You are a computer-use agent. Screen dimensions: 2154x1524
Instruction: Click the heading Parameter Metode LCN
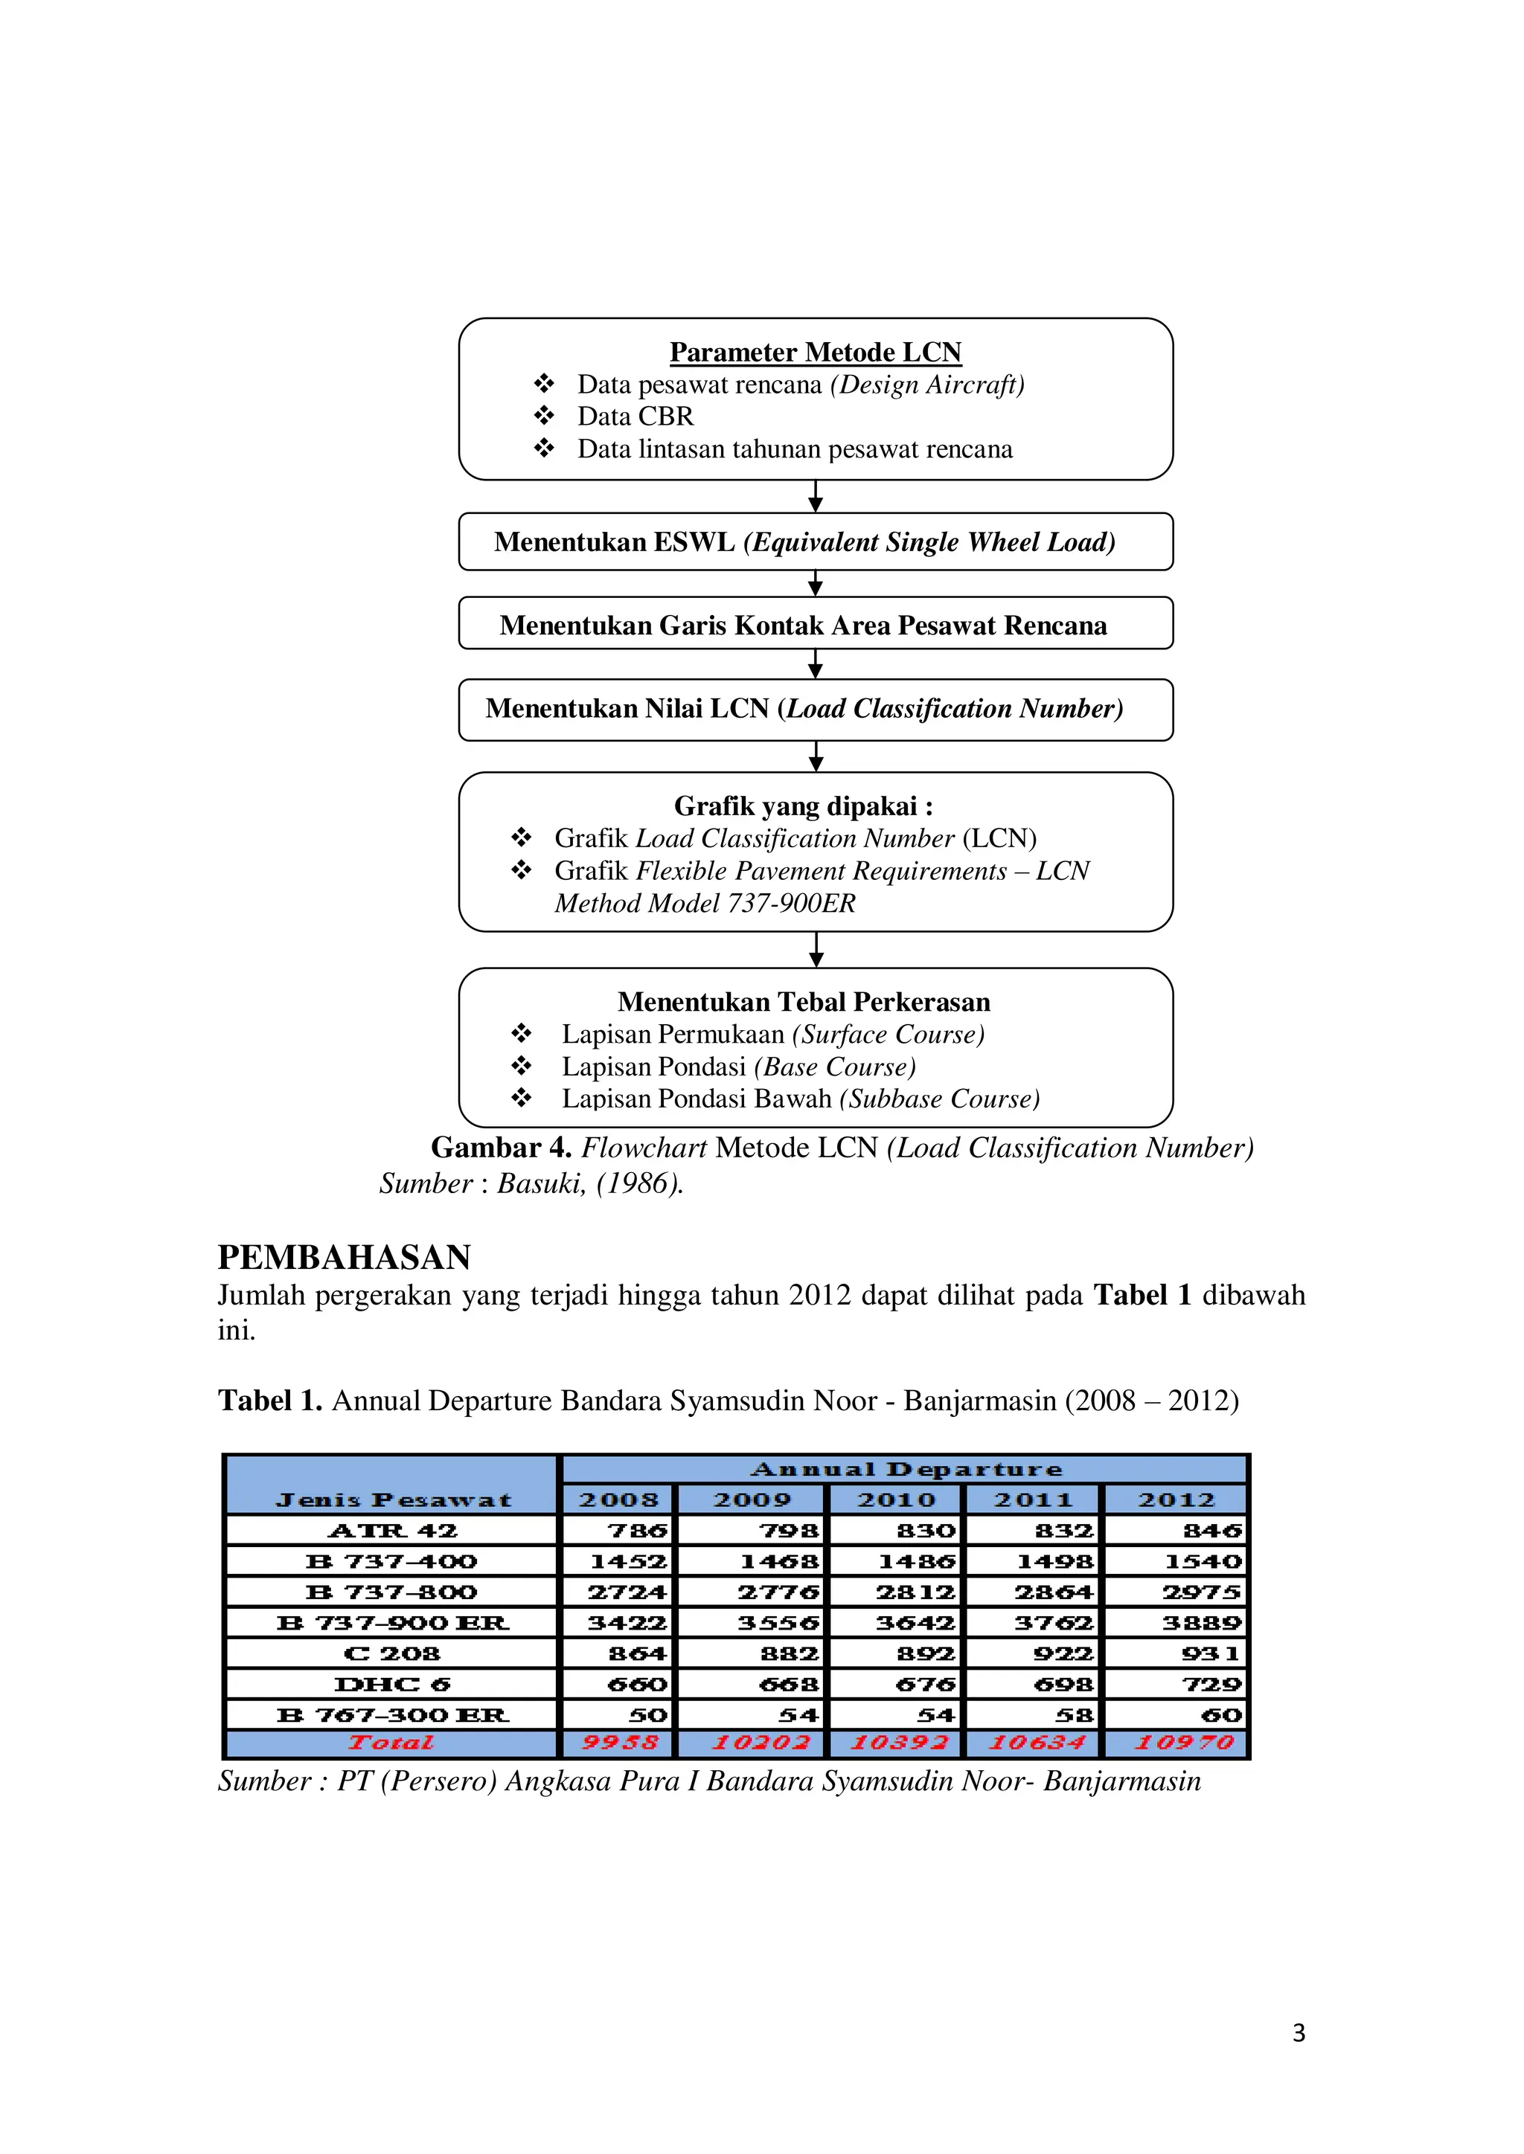[815, 352]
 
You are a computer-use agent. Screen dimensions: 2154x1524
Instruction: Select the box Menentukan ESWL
[815, 541]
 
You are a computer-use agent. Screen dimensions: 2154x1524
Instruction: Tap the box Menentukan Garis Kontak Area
[815, 624]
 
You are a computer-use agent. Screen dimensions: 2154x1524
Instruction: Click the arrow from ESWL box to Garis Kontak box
[816, 584]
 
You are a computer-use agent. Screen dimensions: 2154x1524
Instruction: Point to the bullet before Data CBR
[544, 416]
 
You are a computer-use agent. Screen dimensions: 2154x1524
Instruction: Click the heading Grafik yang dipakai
[803, 806]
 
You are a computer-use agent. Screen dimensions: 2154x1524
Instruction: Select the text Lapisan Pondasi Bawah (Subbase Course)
[801, 1099]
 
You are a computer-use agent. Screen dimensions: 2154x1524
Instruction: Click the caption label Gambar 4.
[500, 1148]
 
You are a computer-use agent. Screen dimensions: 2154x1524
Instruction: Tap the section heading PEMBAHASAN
[344, 1257]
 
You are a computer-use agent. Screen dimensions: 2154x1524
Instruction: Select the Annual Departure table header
[906, 1469]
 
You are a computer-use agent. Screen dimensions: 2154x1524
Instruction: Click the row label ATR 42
[392, 1531]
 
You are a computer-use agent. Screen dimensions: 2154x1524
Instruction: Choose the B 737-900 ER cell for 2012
[1201, 1623]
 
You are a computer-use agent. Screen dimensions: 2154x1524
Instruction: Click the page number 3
[1299, 2033]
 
